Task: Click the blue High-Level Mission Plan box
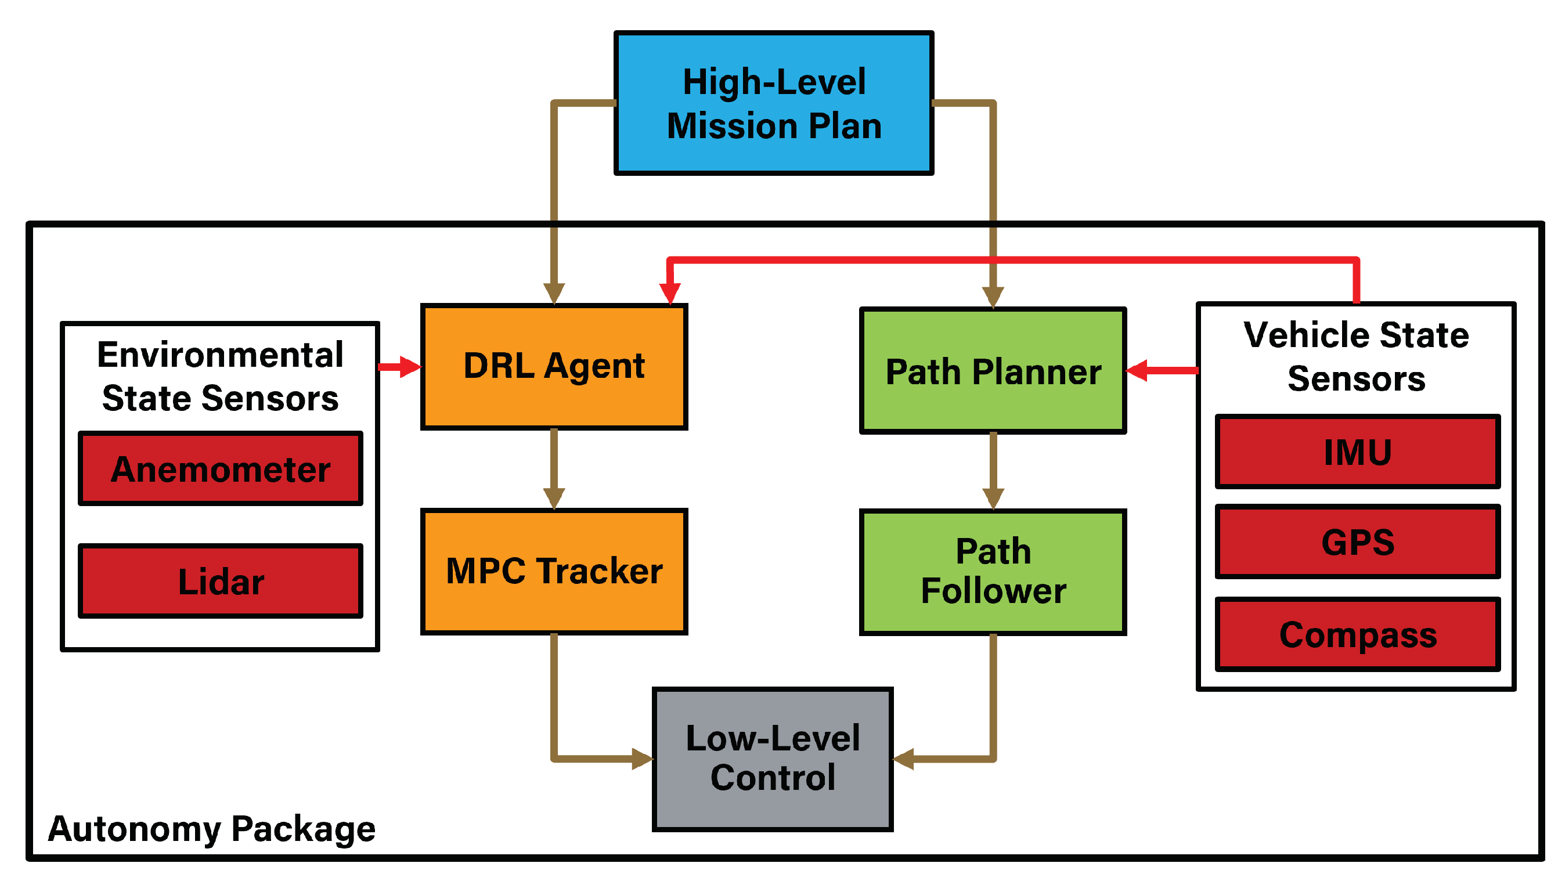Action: (x=773, y=103)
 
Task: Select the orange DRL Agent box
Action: (x=554, y=367)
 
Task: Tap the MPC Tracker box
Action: (x=554, y=571)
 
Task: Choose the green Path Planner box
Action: (x=992, y=371)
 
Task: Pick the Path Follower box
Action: (x=992, y=571)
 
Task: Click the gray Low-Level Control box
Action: (x=772, y=758)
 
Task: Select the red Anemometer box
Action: (x=220, y=468)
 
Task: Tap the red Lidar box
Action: (x=220, y=581)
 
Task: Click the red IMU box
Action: (x=1357, y=452)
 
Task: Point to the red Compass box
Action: (x=1357, y=634)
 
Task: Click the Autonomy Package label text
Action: (x=211, y=828)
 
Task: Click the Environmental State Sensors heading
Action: (x=220, y=375)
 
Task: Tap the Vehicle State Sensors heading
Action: (x=1355, y=356)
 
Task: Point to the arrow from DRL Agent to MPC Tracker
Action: (x=554, y=469)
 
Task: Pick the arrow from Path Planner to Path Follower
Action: (x=993, y=471)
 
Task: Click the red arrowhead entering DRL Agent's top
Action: (x=670, y=294)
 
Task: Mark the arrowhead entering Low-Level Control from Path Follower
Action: (x=903, y=759)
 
